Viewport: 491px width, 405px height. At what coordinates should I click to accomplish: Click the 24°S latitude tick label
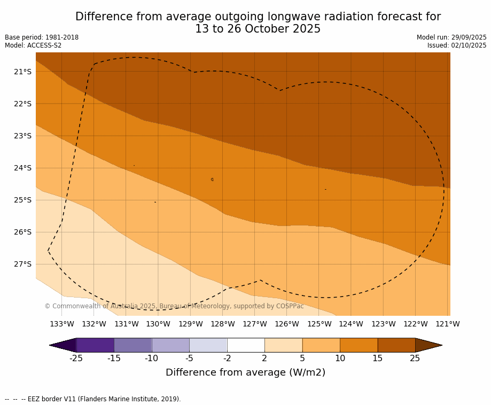[x=22, y=168]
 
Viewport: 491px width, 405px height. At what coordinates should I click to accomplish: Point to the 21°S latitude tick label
[x=22, y=72]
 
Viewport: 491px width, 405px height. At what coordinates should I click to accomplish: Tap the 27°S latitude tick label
[x=22, y=264]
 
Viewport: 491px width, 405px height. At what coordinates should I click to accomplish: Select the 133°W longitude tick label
[x=62, y=324]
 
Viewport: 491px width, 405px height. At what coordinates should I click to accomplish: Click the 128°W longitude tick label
[x=223, y=324]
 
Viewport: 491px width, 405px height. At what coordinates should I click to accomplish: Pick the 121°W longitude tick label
[x=448, y=324]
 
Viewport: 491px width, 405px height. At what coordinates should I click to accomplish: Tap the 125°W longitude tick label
[x=319, y=324]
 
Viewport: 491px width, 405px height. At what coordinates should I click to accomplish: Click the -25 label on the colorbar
[x=76, y=359]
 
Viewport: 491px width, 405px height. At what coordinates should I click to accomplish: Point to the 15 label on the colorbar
[x=378, y=359]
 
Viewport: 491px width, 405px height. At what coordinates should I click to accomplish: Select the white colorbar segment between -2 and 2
[x=246, y=345]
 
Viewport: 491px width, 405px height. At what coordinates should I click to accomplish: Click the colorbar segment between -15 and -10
[x=133, y=345]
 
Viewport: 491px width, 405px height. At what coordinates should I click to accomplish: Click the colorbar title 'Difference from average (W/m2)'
[x=245, y=372]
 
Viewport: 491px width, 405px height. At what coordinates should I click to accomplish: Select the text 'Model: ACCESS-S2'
[x=33, y=45]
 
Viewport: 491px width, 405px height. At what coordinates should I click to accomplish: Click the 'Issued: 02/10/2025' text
[x=457, y=45]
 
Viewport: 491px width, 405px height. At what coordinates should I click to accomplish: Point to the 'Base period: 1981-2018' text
[x=42, y=37]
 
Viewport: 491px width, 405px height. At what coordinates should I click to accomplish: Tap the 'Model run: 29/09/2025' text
[x=451, y=37]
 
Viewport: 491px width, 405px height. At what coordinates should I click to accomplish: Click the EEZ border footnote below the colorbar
[x=93, y=399]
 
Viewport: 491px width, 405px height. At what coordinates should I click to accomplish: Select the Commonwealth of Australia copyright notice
[x=174, y=306]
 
